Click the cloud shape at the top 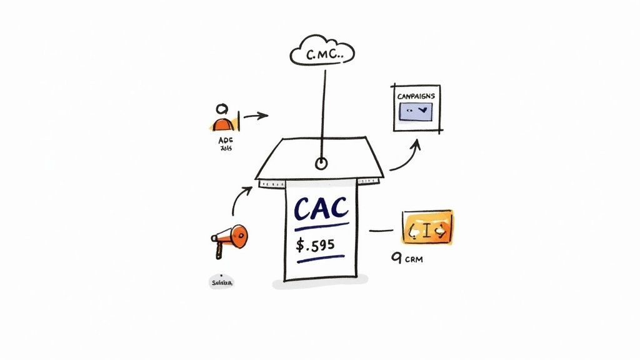point(322,52)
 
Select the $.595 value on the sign point(315,244)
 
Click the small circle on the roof point(321,164)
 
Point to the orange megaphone point(232,236)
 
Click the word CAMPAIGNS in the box point(416,96)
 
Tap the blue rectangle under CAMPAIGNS point(416,110)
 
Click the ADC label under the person point(225,141)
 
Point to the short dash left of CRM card point(381,231)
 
